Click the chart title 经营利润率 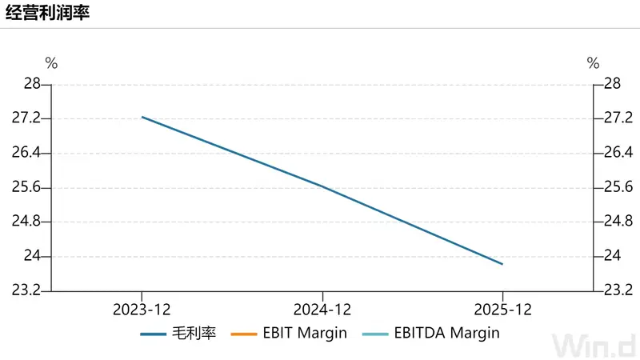pos(47,13)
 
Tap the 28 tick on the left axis pos(32,84)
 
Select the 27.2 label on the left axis pos(26,118)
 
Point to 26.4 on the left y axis pos(26,153)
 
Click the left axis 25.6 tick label pos(26,187)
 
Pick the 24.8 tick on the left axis pos(26,222)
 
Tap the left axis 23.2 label pos(26,290)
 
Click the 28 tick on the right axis pos(612,84)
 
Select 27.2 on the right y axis pos(618,118)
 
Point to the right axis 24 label pos(612,256)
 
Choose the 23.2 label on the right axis pos(618,290)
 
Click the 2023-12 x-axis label pos(142,310)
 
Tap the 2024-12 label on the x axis pos(322,310)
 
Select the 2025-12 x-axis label pos(503,310)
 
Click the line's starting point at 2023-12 pos(142,117)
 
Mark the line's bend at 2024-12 pos(322,186)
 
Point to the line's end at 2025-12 pos(502,264)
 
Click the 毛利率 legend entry pos(178,334)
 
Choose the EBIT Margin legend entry pos(289,334)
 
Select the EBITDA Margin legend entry pos(431,334)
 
